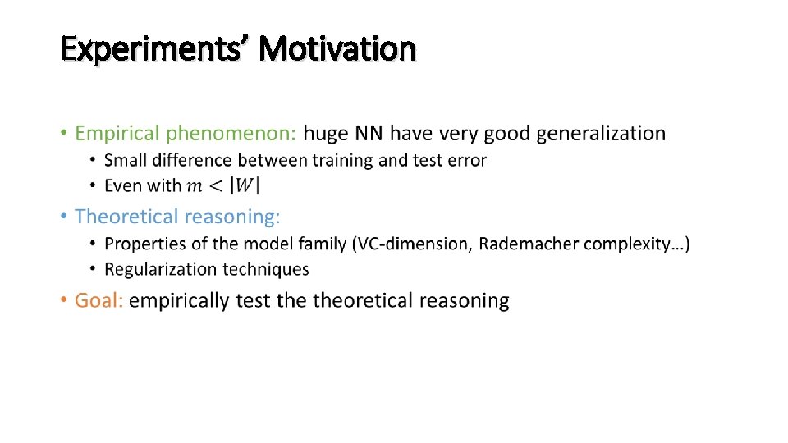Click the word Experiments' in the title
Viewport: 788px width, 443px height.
click(155, 49)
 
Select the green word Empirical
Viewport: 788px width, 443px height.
click(118, 133)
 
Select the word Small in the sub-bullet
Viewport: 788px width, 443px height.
click(126, 160)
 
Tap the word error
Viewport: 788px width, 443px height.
click(466, 160)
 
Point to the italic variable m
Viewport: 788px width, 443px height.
click(195, 186)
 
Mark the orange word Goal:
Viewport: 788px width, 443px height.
click(98, 300)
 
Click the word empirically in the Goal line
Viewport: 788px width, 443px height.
click(178, 300)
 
